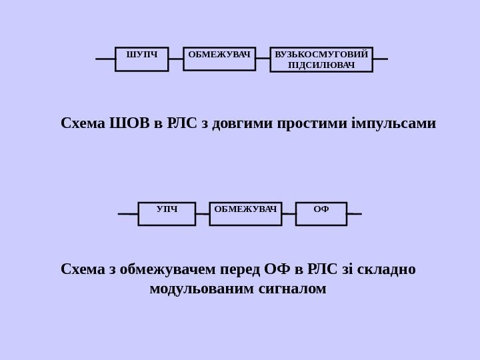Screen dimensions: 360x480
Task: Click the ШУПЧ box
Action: (x=141, y=59)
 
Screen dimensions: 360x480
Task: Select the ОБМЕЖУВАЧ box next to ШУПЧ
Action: (x=220, y=59)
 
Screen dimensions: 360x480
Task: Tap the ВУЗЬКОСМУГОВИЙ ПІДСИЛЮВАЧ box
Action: (x=321, y=59)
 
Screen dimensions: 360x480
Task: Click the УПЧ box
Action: (x=167, y=213)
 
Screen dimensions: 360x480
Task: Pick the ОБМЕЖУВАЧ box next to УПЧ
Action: (x=245, y=213)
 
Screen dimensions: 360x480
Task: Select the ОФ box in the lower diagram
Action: (x=321, y=213)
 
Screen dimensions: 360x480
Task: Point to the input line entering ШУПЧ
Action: (x=105, y=59)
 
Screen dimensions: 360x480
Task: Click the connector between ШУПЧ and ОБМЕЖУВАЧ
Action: (x=175, y=59)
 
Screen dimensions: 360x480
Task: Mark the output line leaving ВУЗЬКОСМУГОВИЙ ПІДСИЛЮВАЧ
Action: (x=380, y=59)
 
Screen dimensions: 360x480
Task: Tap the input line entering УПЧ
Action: (x=128, y=214)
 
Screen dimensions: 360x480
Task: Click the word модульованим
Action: (x=201, y=290)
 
